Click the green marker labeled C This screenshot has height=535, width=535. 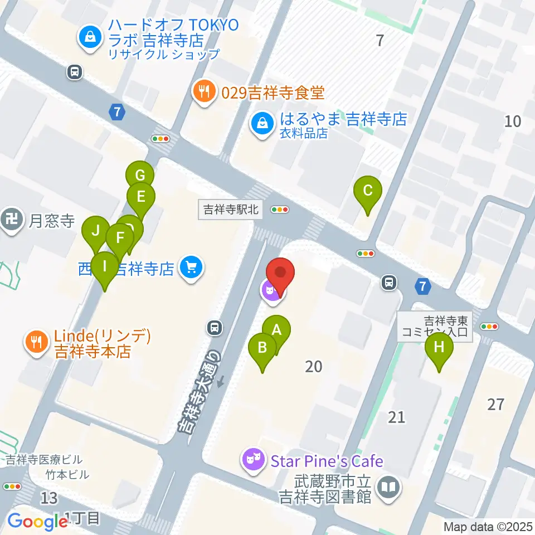(368, 191)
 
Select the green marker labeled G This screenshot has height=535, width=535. (140, 176)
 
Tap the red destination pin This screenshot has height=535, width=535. (280, 274)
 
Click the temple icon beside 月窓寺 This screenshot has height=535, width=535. (11, 221)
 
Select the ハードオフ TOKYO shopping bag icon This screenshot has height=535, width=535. (90, 38)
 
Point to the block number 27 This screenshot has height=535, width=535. (495, 404)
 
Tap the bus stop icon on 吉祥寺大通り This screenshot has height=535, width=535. (213, 328)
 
